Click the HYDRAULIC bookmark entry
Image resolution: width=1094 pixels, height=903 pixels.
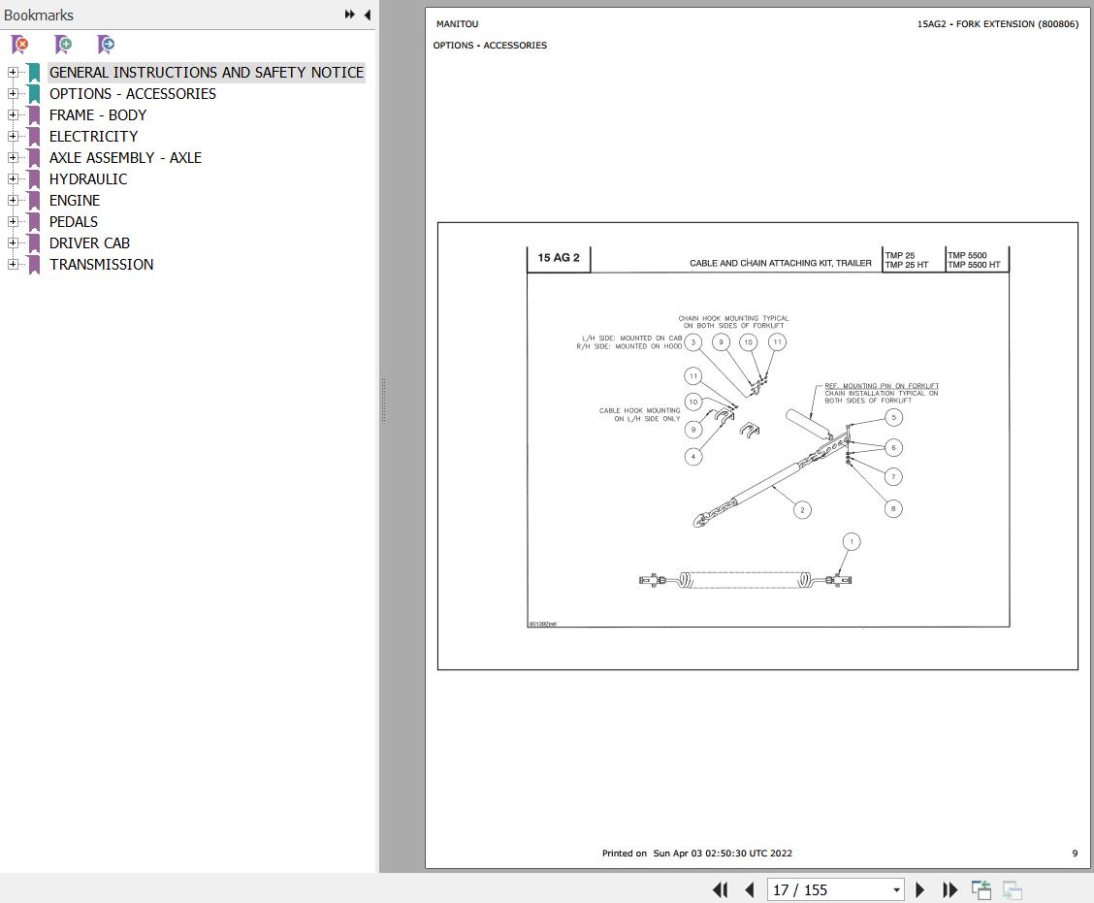(x=88, y=179)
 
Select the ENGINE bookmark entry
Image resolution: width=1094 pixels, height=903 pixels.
(x=75, y=201)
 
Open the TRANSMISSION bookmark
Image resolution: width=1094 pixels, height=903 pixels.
(x=101, y=265)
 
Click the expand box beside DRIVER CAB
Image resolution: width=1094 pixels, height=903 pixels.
(x=13, y=242)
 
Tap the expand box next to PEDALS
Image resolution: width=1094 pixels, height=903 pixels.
(x=13, y=222)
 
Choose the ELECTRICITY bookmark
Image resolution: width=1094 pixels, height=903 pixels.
(x=93, y=137)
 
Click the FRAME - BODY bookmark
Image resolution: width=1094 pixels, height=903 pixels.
(x=98, y=115)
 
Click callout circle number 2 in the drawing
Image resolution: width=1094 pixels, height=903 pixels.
(x=802, y=510)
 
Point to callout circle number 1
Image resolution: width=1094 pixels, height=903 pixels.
(x=852, y=541)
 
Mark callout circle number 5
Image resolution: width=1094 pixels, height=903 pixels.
(x=894, y=417)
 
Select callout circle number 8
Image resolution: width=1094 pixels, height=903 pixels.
(x=893, y=508)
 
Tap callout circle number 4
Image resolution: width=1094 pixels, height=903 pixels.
(x=693, y=457)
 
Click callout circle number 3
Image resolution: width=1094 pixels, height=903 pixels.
(x=692, y=342)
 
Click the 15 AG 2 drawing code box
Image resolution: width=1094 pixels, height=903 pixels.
(x=559, y=258)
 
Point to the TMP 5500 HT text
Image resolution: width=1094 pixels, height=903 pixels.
(x=974, y=265)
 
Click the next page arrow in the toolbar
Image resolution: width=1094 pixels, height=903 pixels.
(x=919, y=889)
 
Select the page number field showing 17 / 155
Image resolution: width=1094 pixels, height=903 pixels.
(x=835, y=889)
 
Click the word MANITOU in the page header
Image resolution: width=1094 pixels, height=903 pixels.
(x=458, y=23)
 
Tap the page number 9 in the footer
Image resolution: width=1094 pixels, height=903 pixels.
(x=1075, y=853)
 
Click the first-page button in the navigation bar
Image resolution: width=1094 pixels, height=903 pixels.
(x=720, y=889)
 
